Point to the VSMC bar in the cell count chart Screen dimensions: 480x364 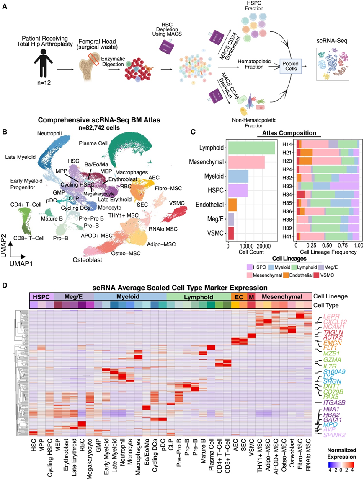click(231, 233)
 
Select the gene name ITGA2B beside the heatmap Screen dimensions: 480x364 click(336, 402)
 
